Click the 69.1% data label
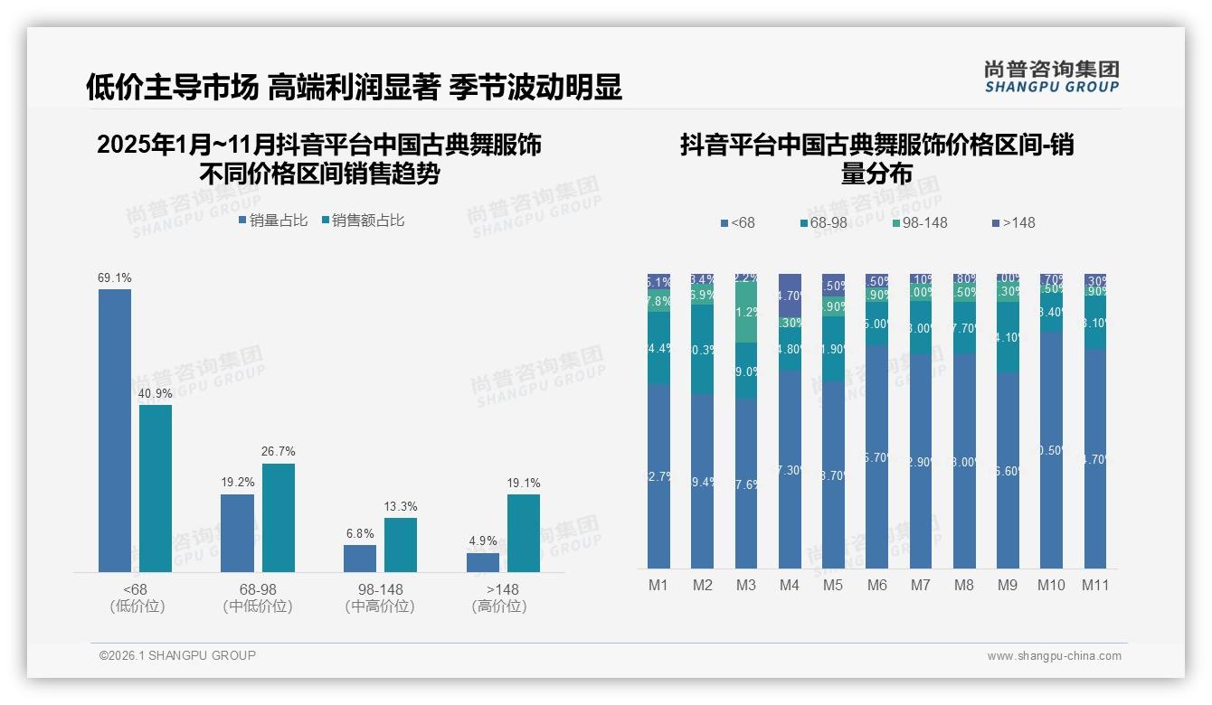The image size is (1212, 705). pos(115,278)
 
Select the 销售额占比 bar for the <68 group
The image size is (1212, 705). pos(156,488)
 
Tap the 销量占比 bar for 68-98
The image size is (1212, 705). pos(237,533)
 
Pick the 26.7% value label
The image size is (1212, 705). pos(279,452)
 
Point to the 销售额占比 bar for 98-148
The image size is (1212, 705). pos(401,545)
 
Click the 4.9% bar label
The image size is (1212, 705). pos(483,541)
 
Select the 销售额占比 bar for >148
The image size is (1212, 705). pos(524,533)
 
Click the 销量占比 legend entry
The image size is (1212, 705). pos(273,221)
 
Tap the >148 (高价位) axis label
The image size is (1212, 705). pos(499,598)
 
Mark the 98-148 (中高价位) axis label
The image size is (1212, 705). pos(380,598)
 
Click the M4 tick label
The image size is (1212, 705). pos(789,586)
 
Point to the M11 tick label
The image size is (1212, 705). pos(1095,586)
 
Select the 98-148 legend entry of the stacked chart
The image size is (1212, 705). pos(919,223)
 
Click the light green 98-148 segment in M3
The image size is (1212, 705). pos(746,313)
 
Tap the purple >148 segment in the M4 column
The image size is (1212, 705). pos(790,294)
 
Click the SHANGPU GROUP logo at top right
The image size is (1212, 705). pos(1051,76)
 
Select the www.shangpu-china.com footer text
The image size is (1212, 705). pos(1054,656)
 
